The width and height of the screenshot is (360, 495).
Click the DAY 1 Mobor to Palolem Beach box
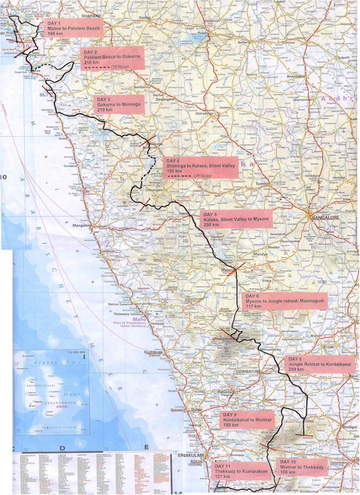click(73, 28)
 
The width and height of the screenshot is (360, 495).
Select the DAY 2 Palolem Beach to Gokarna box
click(111, 59)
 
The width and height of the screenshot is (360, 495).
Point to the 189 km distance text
click(55, 33)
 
